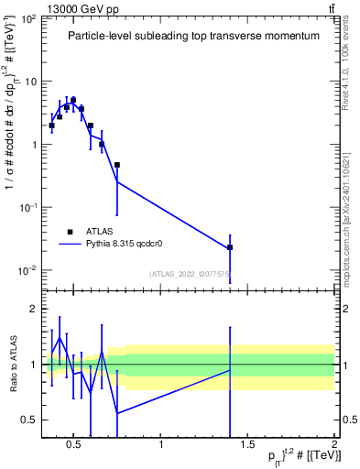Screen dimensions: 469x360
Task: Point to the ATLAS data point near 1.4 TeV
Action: (230, 247)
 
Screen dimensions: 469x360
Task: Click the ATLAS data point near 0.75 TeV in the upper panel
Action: (117, 165)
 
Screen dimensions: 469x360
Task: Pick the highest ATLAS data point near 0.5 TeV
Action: (73, 100)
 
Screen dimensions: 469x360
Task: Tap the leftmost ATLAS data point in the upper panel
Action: (52, 125)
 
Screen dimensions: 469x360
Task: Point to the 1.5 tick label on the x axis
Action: (247, 446)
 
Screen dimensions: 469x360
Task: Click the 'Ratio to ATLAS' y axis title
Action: (10, 365)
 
